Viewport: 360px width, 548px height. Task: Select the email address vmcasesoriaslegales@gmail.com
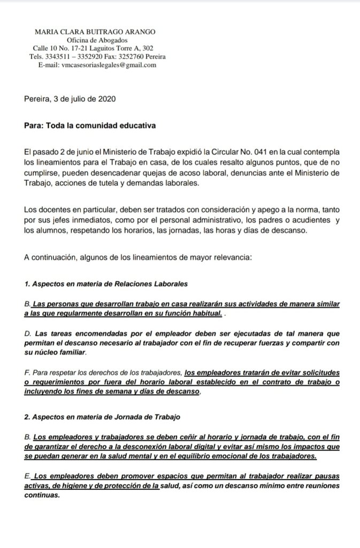tap(104, 65)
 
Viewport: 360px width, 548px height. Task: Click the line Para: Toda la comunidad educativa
tap(90, 126)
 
